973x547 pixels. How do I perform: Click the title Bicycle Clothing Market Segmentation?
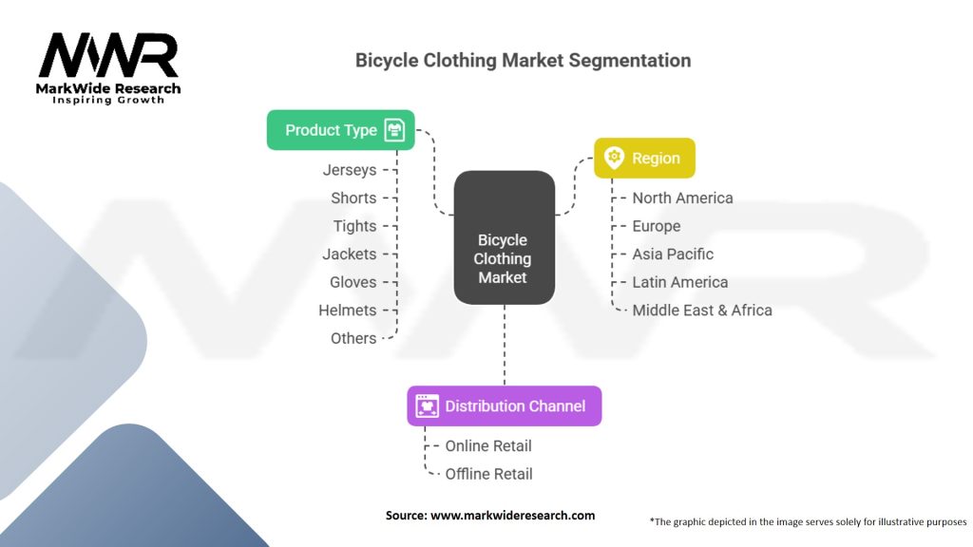523,60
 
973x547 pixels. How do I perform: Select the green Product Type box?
340,130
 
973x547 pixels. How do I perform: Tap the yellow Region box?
644,158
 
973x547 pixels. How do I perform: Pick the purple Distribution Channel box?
504,406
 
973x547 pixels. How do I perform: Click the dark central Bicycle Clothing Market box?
504,238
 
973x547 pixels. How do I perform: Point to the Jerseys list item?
349,170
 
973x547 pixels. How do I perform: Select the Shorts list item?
353,198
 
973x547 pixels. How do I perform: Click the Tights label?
354,226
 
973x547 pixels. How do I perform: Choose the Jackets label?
350,254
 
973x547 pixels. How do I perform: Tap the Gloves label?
353,282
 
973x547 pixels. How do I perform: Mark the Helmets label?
347,310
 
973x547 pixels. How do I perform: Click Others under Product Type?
353,338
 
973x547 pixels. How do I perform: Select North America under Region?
682,198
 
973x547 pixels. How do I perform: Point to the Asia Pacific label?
673,254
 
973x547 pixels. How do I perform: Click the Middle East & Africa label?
702,310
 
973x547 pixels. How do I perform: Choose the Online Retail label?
488,445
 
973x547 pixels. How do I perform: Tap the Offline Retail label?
488,474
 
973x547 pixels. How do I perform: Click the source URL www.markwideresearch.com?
512,515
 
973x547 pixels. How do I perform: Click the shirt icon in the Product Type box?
394,130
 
